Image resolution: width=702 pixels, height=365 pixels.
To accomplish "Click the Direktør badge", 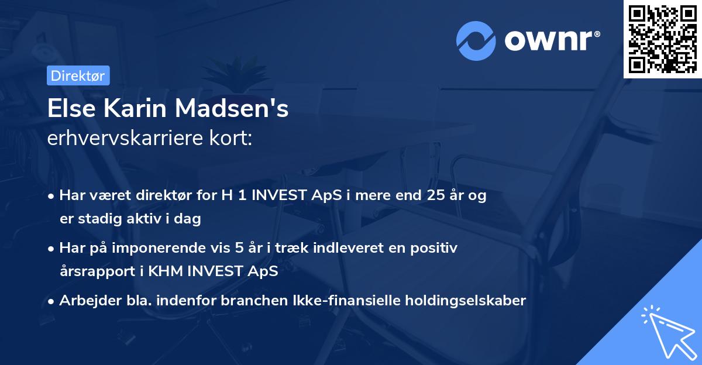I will coord(78,75).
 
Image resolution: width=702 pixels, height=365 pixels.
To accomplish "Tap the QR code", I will coord(662,39).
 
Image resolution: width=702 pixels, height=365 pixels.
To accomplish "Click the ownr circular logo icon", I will coord(476,40).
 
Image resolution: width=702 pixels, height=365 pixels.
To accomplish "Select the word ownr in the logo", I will coord(550,41).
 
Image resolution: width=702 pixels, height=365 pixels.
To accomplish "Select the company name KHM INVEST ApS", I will coord(229,271).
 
